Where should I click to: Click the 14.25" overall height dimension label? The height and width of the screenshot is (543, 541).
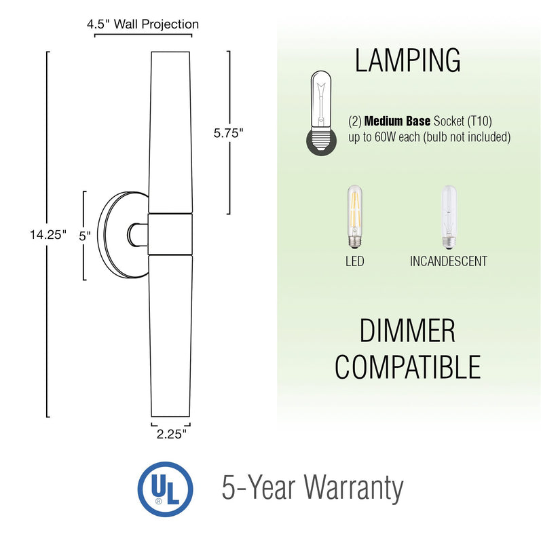(x=48, y=235)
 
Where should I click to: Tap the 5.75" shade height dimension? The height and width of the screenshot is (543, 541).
(x=229, y=133)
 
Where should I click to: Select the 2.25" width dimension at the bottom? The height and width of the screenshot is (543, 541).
(x=172, y=434)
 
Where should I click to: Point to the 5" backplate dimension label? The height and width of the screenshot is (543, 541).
(x=85, y=236)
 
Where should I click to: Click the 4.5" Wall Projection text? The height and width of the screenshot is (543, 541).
(x=143, y=24)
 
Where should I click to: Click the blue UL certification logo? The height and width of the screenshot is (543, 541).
(x=165, y=489)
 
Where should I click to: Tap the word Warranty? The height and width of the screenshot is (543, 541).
(x=354, y=489)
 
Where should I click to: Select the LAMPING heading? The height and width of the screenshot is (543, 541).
(x=408, y=60)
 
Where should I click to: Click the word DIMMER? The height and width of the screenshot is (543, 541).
(x=407, y=331)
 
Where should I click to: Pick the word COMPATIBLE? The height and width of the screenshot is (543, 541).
(x=408, y=367)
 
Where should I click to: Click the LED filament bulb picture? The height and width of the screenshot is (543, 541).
(x=354, y=217)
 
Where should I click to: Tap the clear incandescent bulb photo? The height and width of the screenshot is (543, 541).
(x=449, y=217)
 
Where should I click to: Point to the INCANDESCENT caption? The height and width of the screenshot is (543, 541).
(x=449, y=261)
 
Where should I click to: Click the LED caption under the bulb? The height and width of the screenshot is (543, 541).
(x=354, y=261)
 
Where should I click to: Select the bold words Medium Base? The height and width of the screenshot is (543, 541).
(x=397, y=121)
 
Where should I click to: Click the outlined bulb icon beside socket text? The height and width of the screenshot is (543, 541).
(x=322, y=113)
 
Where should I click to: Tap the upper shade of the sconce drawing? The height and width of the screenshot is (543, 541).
(x=170, y=132)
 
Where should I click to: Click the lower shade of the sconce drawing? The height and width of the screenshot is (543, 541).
(x=170, y=336)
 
